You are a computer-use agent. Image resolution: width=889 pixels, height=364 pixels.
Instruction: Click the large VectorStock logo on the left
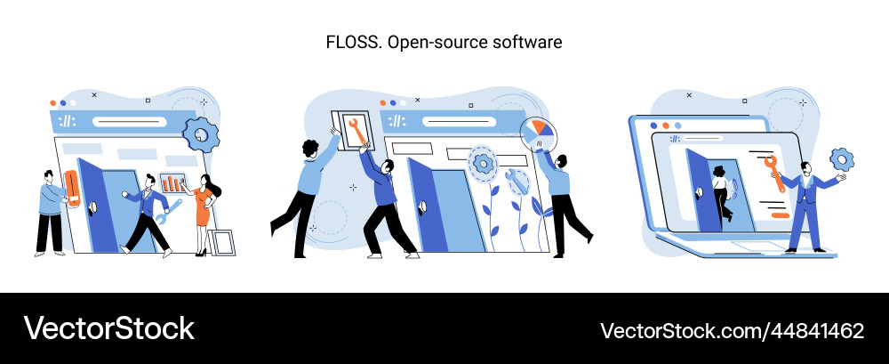coord(108,328)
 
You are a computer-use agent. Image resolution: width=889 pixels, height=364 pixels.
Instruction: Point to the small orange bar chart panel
coord(173,183)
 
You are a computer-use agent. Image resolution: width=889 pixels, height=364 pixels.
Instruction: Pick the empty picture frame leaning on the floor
coord(223,242)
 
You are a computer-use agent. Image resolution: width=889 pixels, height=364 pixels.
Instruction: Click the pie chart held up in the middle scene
coord(539,136)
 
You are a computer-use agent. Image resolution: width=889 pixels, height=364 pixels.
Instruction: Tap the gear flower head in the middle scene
coord(484,163)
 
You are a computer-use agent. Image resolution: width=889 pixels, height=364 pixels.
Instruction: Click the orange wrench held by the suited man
coord(774,173)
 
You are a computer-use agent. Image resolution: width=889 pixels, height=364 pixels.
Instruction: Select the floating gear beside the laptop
coord(841,160)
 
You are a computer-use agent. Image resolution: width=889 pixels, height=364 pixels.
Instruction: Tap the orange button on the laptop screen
coord(779,214)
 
